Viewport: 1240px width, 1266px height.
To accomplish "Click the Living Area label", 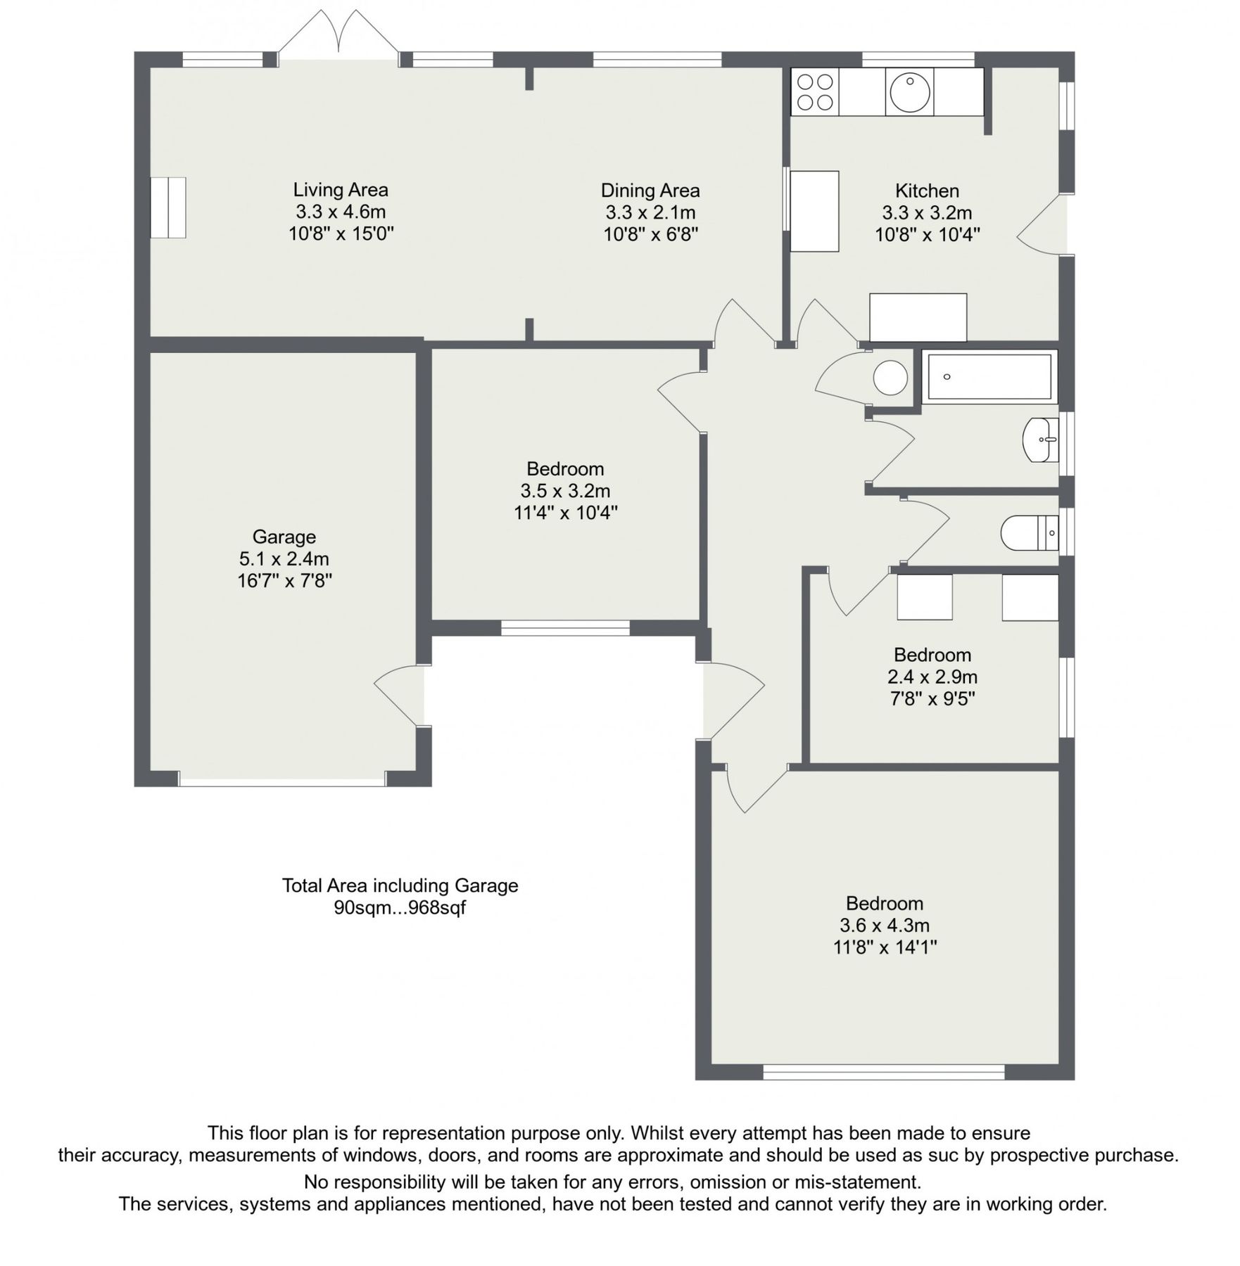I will coord(341,190).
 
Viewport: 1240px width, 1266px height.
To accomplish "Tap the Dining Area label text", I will coord(650,191).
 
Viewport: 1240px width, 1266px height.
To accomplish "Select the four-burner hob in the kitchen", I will coord(815,92).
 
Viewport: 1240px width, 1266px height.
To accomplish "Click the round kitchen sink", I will coord(909,92).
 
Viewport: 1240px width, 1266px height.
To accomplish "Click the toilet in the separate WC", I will coord(1028,533).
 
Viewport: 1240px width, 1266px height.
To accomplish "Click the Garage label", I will coord(284,537).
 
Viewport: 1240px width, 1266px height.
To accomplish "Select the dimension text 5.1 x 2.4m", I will coord(284,558).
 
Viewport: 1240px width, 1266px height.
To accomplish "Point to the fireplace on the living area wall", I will coord(168,207).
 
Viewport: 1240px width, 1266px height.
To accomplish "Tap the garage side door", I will coord(400,695).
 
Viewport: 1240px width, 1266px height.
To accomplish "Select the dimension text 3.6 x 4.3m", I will coord(884,925).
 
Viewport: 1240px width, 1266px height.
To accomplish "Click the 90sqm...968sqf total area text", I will coord(400,907).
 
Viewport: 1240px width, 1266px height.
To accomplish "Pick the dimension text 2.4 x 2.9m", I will coord(932,677).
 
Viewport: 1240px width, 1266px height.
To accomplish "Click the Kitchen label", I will coord(927,191).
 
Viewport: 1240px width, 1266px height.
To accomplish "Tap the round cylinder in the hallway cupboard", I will coord(890,378).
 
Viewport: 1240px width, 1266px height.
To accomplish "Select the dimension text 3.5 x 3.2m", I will coord(565,490).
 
